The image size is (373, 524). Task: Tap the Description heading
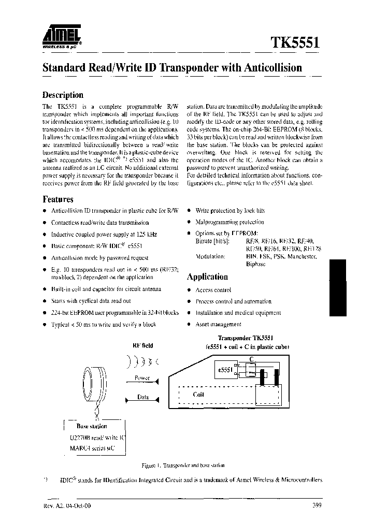62,95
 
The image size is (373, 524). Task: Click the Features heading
58,199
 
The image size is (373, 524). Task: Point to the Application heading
207,277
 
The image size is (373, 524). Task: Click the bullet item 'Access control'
213,290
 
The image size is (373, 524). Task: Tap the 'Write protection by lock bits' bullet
230,211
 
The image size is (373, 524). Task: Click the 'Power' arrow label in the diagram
141,378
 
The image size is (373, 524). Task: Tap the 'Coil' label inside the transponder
198,394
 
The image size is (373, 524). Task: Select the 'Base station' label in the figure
92,426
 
